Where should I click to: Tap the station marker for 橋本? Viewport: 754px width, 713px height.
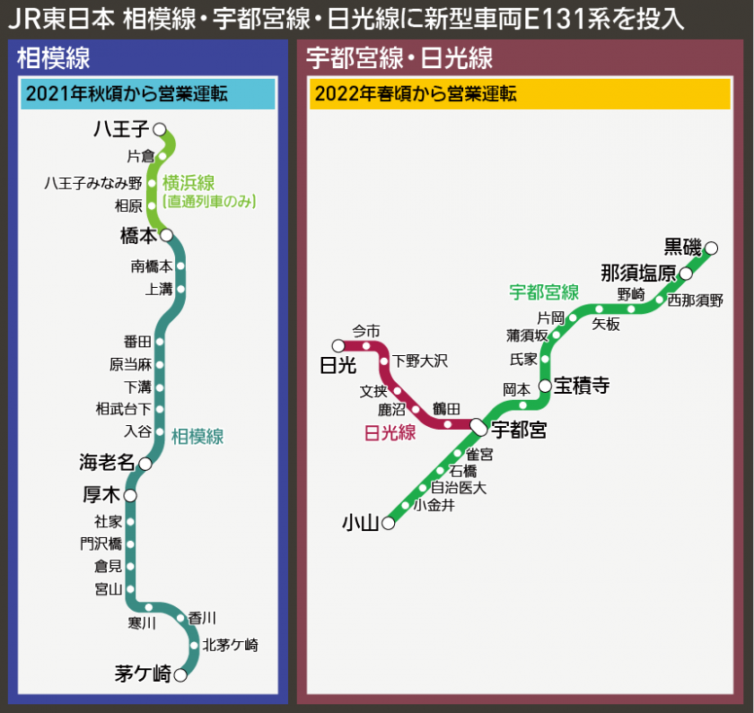[166, 235]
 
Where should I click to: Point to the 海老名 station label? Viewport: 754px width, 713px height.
[106, 463]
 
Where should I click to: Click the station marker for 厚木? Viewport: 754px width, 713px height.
[130, 495]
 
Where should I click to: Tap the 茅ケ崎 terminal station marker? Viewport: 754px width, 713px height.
[180, 675]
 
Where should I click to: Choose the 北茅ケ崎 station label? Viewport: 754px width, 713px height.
[231, 644]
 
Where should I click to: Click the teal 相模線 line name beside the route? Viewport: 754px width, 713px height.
[197, 437]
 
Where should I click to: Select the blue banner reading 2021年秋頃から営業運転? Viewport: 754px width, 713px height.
[146, 94]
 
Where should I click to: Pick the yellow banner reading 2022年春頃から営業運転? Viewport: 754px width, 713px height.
[520, 94]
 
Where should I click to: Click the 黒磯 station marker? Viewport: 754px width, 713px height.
[711, 247]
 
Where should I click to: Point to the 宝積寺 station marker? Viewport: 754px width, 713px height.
[545, 386]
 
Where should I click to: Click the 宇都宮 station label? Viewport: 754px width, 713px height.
[520, 430]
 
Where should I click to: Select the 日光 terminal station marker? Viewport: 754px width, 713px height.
[338, 345]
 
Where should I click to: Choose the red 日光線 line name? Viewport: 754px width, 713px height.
[390, 432]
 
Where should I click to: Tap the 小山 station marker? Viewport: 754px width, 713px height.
[389, 523]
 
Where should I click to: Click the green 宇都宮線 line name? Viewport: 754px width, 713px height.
[544, 292]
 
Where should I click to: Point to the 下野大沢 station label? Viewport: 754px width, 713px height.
[420, 361]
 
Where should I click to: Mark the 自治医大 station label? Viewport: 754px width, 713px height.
[459, 488]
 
